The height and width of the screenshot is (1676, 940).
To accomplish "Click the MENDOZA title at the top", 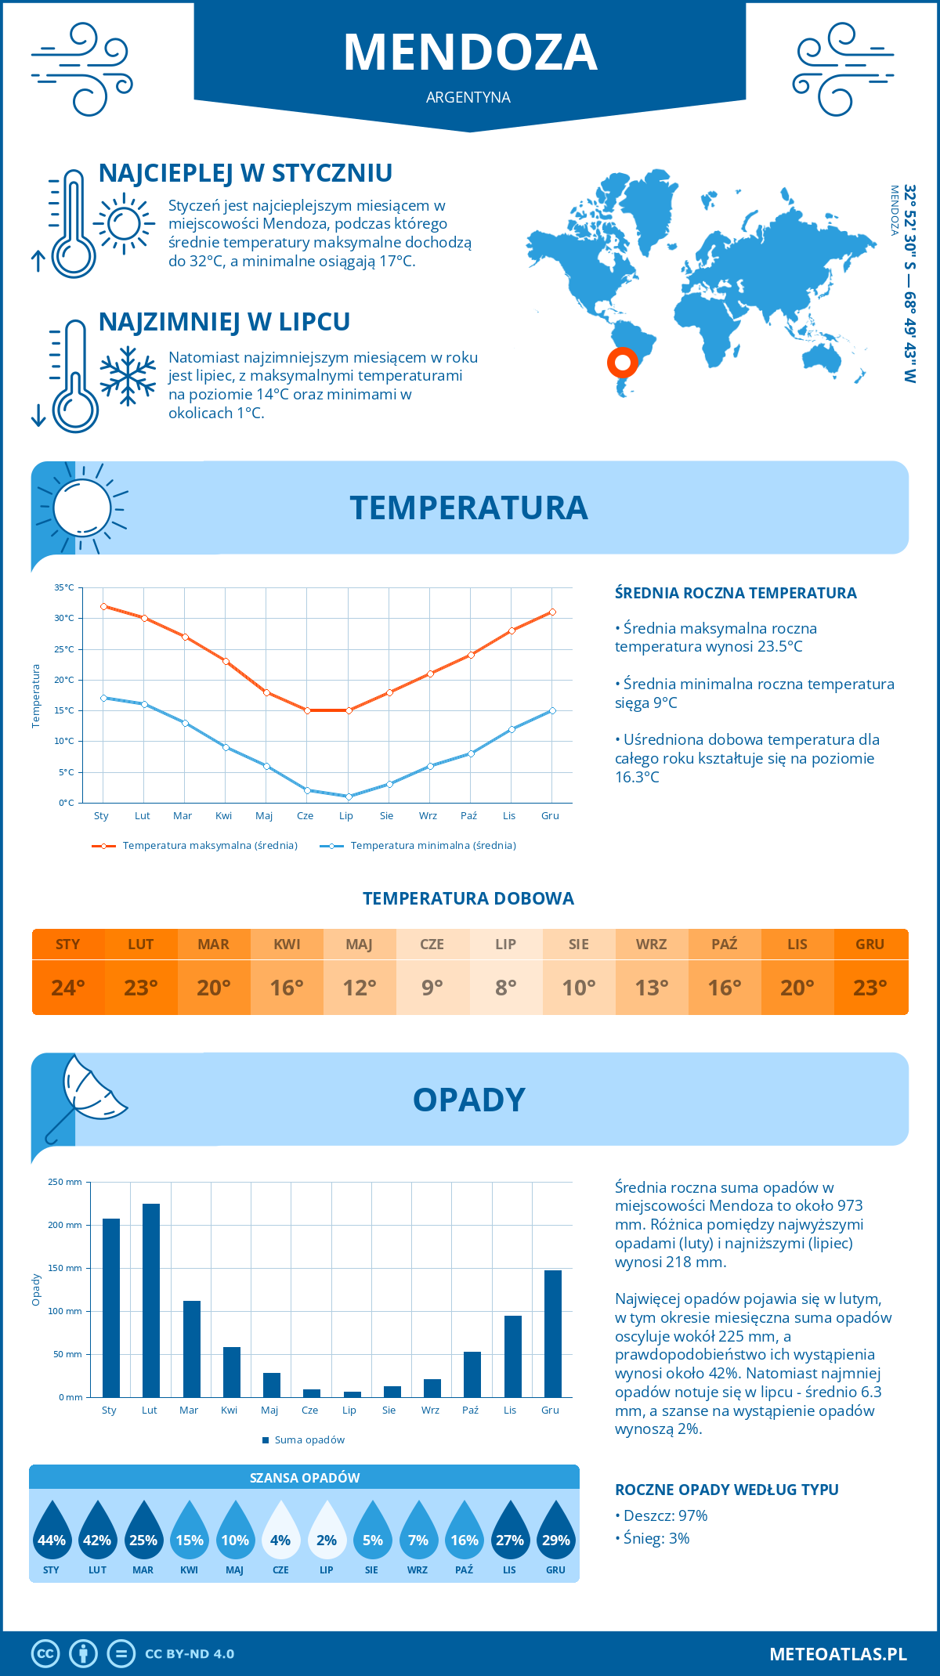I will point(470,52).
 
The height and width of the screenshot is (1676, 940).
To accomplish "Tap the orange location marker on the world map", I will point(623,363).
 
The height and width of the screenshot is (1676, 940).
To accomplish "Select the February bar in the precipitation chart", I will point(151,1300).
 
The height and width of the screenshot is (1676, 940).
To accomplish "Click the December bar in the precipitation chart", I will point(553,1333).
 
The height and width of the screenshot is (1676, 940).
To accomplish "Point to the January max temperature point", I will point(103,606).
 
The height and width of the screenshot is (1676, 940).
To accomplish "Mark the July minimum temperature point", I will point(349,796).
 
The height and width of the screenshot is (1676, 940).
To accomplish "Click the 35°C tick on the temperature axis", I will point(64,587).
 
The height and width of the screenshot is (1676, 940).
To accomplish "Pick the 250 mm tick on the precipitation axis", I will point(65,1182).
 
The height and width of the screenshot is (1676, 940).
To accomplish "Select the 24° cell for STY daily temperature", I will point(68,988).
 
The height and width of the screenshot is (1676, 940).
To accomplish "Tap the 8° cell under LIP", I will point(505,988).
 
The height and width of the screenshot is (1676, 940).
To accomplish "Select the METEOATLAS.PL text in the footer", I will point(837,1653).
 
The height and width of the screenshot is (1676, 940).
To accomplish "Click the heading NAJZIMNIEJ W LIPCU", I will point(224,322).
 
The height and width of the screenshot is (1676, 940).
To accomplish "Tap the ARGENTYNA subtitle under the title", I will point(468,97).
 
